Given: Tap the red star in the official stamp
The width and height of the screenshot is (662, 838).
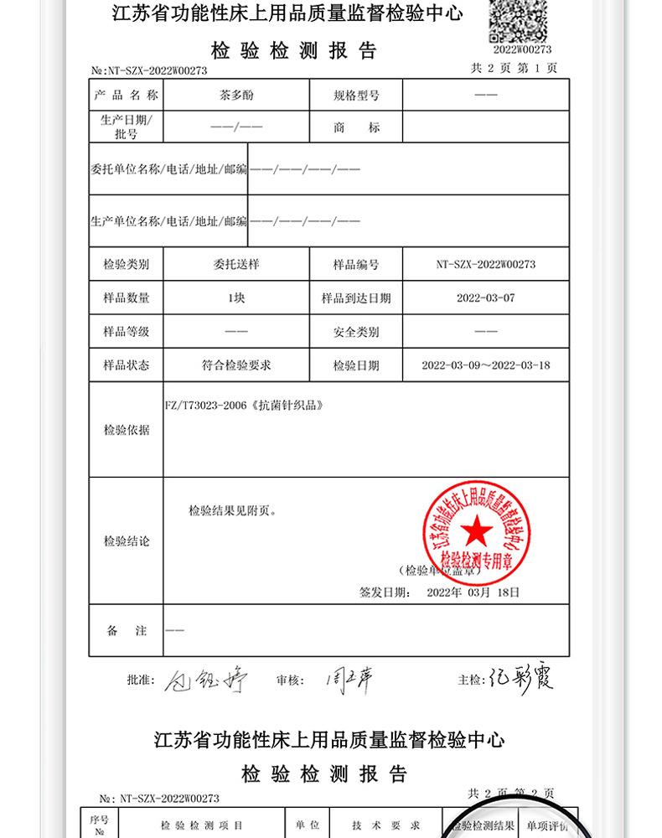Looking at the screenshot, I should (475, 530).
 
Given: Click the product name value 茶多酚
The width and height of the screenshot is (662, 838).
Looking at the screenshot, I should (235, 96).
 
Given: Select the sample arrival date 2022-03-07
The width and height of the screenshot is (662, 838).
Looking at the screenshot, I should (485, 298).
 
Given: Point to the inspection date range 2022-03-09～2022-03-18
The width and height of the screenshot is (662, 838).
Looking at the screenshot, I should (485, 365).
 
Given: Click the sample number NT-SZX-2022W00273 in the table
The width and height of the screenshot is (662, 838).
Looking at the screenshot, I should (485, 265).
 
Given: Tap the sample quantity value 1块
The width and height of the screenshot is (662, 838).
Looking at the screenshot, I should (235, 298).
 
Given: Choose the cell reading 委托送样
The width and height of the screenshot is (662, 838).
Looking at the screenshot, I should (235, 265).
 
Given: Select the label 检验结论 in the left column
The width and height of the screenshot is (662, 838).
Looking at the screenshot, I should (127, 541).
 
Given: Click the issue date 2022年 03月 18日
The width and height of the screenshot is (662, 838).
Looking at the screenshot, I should (473, 592).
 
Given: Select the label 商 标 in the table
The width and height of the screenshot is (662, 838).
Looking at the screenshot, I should (356, 128).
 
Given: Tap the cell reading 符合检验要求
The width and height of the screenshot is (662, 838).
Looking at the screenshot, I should (235, 365).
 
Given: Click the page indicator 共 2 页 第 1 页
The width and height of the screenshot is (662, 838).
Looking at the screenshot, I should (513, 69).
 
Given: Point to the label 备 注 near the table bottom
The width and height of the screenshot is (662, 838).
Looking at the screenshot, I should (127, 631).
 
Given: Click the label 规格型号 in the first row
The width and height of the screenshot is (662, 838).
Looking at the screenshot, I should (356, 96).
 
